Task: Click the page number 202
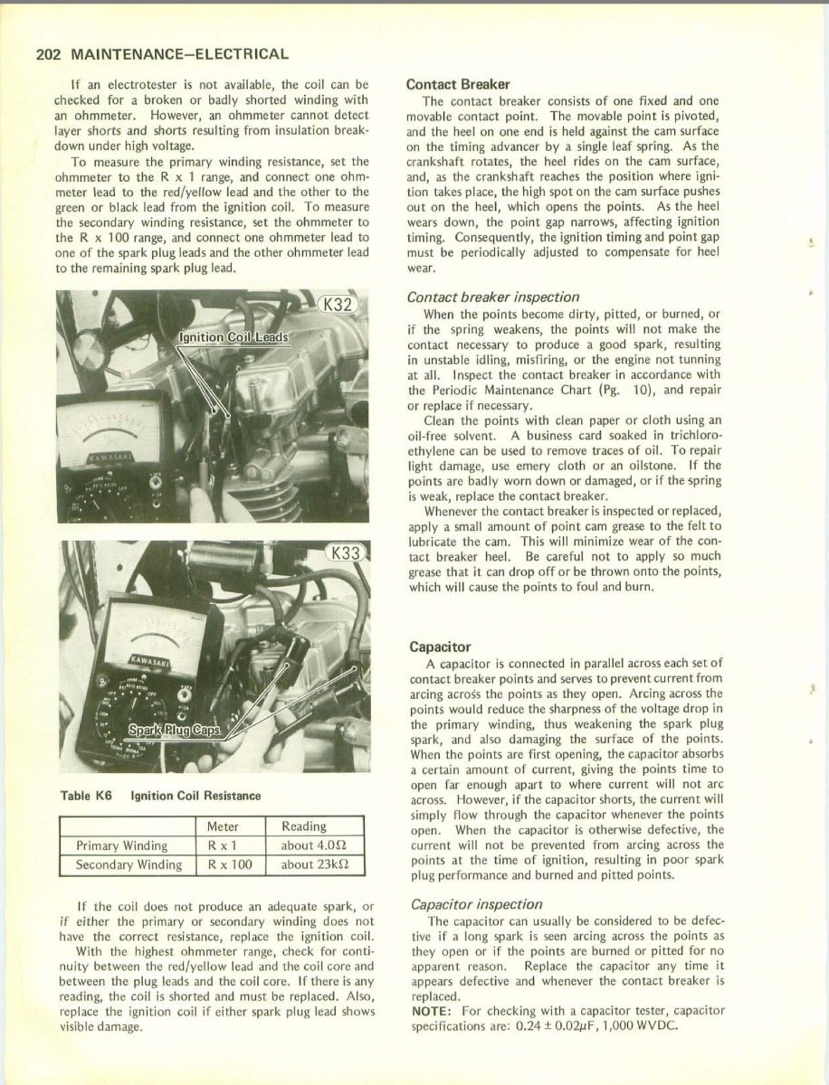point(46,54)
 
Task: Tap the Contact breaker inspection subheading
point(493,297)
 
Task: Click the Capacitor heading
point(440,647)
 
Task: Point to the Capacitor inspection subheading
point(476,904)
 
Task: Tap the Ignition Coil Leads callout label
point(233,338)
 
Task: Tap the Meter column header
point(223,826)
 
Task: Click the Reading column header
point(304,826)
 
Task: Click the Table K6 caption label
point(87,796)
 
